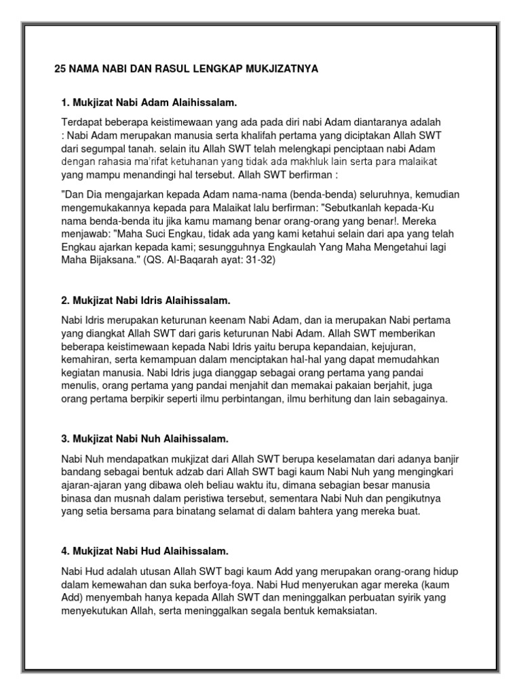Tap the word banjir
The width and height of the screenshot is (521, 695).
444,459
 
